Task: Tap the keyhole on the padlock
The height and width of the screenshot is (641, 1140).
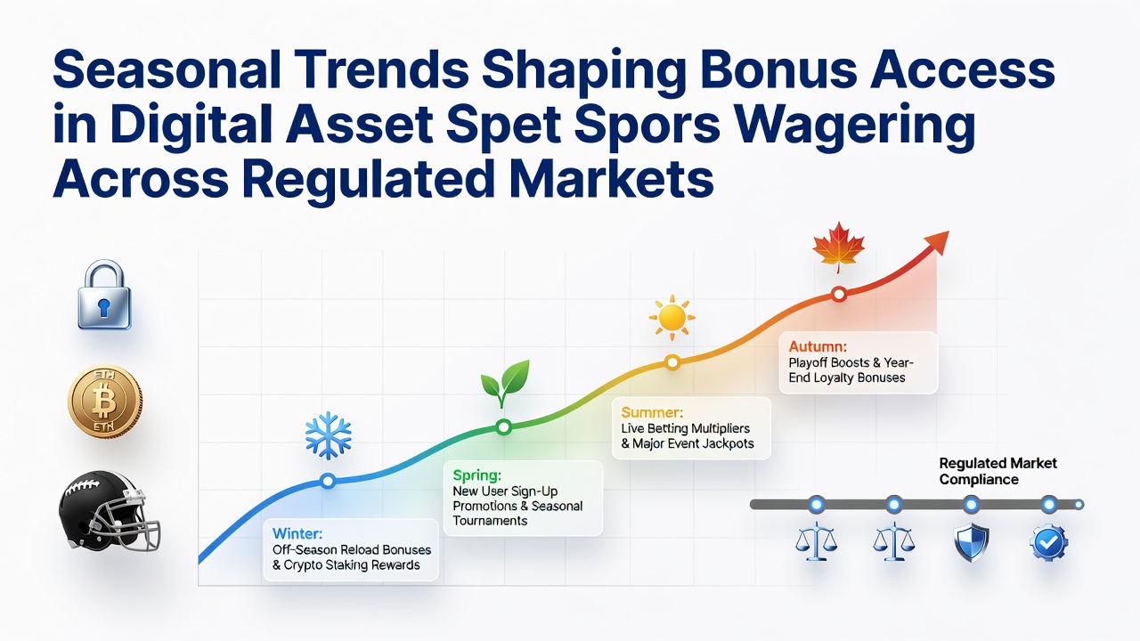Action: pyautogui.click(x=104, y=307)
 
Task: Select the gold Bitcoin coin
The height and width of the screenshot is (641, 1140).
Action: pyautogui.click(x=105, y=401)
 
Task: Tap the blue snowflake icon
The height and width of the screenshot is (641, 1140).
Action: pyautogui.click(x=329, y=435)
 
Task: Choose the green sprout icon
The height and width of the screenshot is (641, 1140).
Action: pyautogui.click(x=505, y=383)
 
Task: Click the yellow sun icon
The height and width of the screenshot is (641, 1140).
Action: pyautogui.click(x=672, y=318)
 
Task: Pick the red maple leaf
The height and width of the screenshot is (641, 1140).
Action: pyautogui.click(x=839, y=247)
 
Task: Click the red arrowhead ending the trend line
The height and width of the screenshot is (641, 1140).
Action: pyautogui.click(x=938, y=242)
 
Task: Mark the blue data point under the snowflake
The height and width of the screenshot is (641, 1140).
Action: pyautogui.click(x=329, y=481)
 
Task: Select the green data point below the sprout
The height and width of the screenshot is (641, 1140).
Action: pyautogui.click(x=503, y=426)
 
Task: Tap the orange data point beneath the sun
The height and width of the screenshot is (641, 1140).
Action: pyautogui.click(x=672, y=362)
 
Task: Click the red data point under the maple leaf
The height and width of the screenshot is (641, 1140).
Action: pyautogui.click(x=839, y=294)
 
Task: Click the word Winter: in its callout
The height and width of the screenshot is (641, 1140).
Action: pyautogui.click(x=297, y=533)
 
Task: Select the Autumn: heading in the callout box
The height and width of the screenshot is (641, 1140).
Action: pyautogui.click(x=818, y=347)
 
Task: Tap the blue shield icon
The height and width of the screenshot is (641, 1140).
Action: pyautogui.click(x=971, y=542)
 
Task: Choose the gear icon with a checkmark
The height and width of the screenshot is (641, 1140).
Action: pyautogui.click(x=1048, y=543)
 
